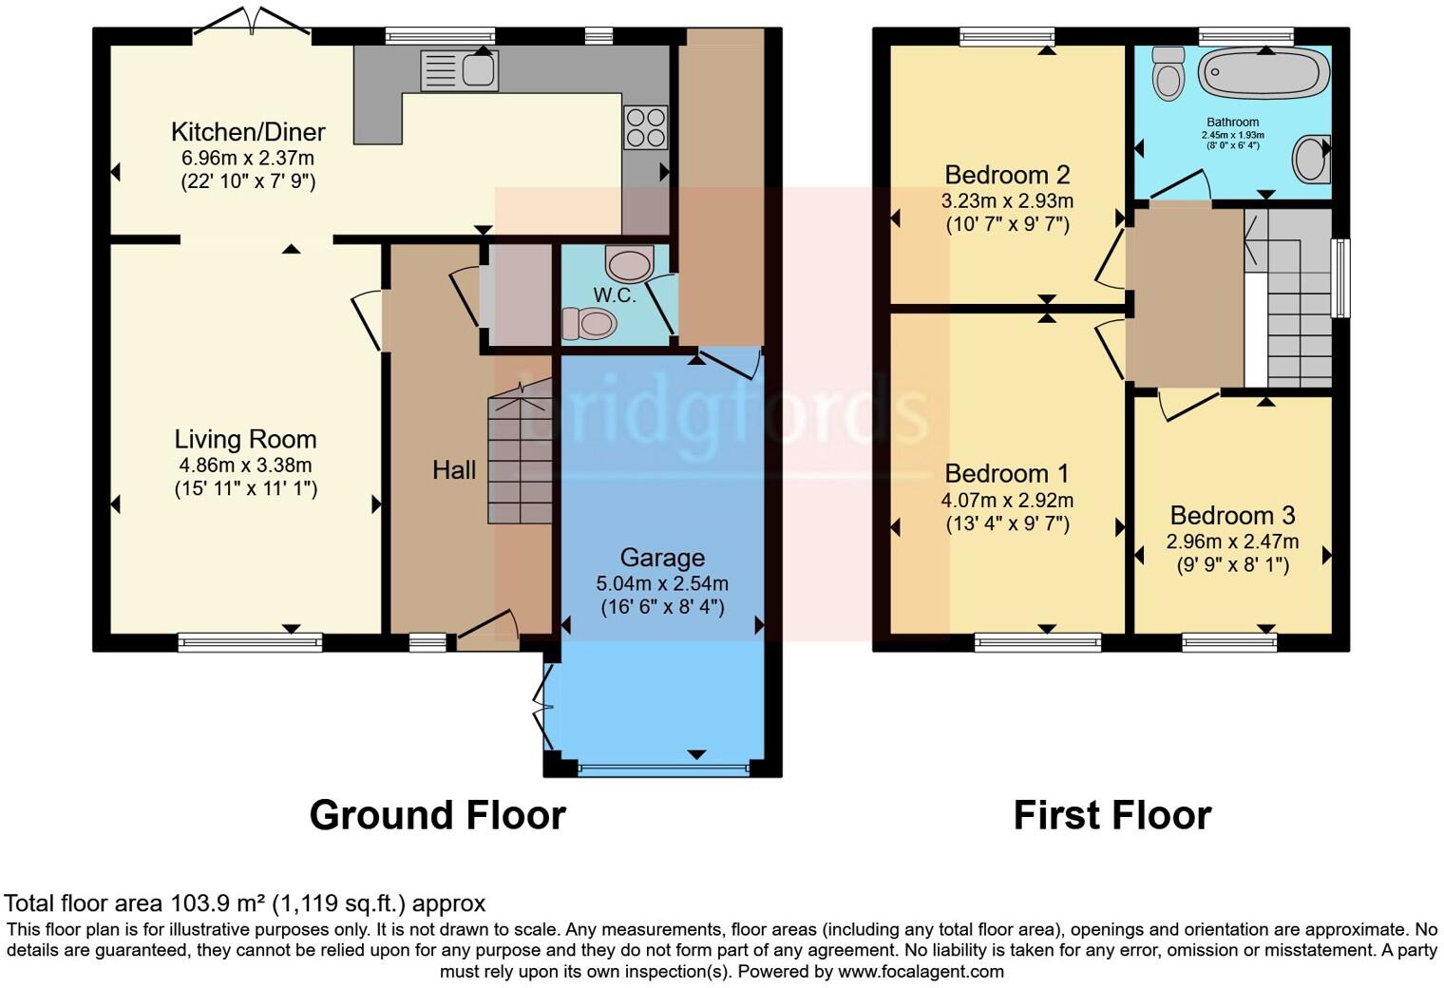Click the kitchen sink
coord(460,70)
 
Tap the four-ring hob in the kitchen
coord(645,127)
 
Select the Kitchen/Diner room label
coord(248,132)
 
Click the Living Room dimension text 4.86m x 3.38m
coord(245,465)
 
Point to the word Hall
coord(454,469)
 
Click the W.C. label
coord(615,294)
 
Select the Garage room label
coord(662,558)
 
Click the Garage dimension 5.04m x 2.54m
coord(662,582)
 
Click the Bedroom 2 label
coord(1007,175)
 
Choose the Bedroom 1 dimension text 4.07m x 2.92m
coord(1007,499)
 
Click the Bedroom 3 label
coord(1232,515)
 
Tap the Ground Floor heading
coord(437,815)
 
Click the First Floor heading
coord(1111,815)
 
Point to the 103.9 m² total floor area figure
coord(218,902)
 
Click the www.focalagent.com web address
coord(921,971)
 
